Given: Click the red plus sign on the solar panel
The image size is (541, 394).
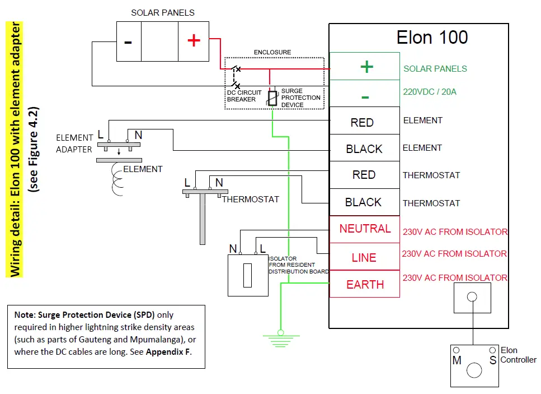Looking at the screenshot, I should (194, 41).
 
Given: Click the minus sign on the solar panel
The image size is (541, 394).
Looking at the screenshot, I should (128, 42).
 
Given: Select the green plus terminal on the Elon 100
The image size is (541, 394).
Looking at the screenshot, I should (366, 67).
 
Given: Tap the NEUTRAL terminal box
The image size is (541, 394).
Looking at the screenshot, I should (365, 229).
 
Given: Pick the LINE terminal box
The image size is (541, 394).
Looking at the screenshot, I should (364, 257).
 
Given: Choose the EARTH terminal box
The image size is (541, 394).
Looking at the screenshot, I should (365, 284).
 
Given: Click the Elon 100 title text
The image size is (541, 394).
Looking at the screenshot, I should (432, 38).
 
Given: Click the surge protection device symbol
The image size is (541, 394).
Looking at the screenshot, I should (272, 99).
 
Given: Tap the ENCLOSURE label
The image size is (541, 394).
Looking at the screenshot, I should (272, 52).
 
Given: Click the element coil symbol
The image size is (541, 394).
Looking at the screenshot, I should (118, 179).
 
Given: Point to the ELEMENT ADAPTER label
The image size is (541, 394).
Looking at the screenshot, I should (74, 143).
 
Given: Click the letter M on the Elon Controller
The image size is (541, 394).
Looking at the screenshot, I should (457, 360).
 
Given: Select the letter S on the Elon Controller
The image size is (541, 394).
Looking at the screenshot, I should (493, 360).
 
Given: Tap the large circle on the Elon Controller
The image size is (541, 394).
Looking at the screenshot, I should (474, 370).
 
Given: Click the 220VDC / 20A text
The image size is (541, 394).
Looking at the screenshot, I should (430, 91).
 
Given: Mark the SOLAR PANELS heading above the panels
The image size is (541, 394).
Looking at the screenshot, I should (163, 12).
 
